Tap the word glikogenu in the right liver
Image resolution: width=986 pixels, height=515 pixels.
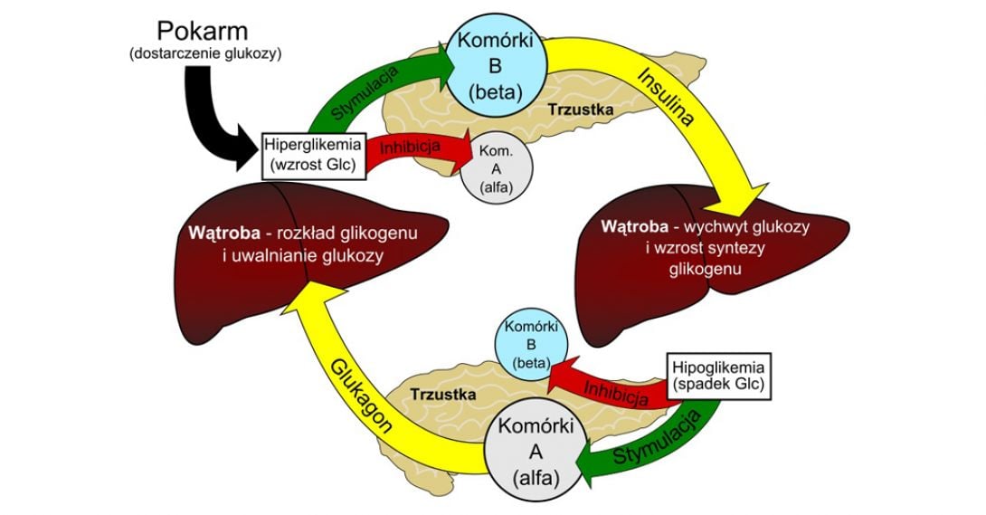706,269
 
